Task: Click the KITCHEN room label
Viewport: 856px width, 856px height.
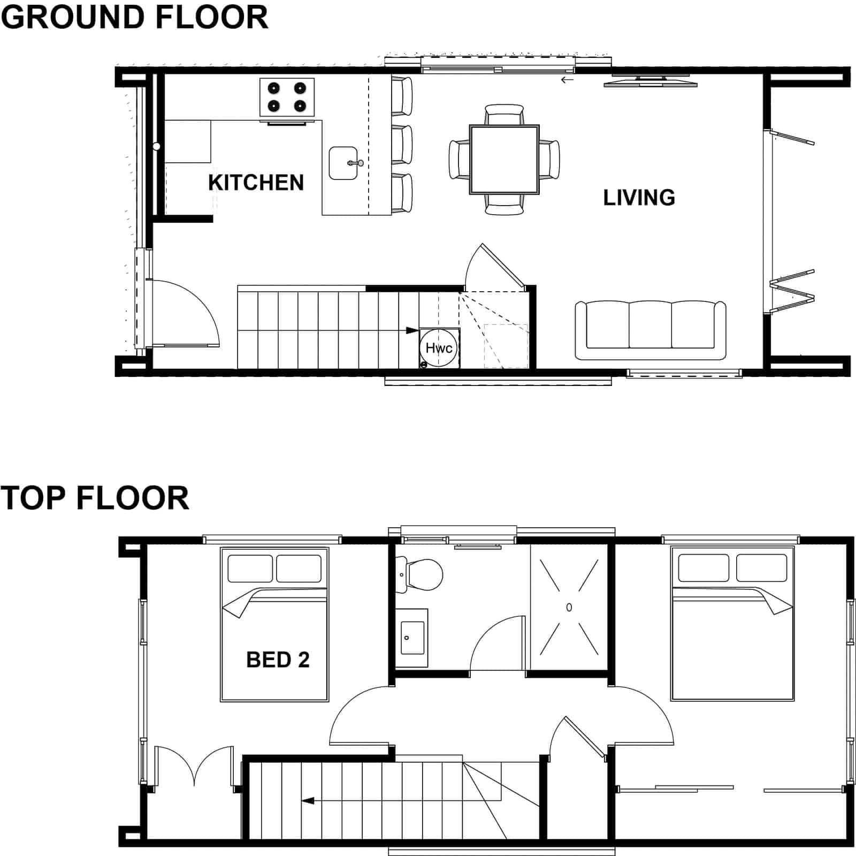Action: (256, 183)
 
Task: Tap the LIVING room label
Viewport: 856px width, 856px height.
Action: (639, 198)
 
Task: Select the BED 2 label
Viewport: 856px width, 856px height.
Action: (278, 660)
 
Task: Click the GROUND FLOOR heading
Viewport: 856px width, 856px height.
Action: (134, 17)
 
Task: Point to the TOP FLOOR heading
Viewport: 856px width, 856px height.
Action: (95, 498)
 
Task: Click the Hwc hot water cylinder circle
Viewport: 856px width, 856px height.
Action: (439, 348)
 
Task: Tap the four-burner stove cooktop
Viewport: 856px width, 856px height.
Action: (287, 97)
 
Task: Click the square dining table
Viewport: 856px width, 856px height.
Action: (504, 160)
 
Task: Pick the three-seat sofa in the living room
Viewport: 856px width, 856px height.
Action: (651, 330)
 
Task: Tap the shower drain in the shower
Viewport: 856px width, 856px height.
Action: (569, 607)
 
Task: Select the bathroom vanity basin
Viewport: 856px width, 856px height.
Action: (412, 638)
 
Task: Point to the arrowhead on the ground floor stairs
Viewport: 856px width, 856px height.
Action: (412, 330)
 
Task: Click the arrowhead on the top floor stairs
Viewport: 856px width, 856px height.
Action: (308, 801)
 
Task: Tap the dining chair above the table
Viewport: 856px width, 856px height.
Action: (504, 114)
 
